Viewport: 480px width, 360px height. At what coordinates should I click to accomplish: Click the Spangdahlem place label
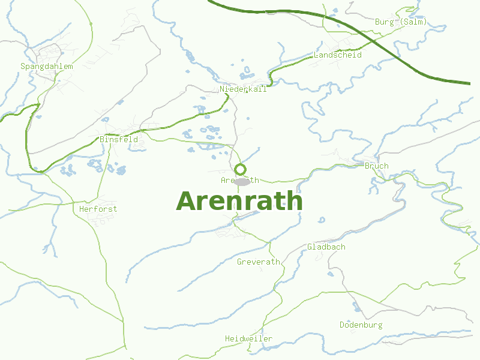[47, 67]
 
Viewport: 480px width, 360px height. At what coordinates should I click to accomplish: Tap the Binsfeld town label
[119, 140]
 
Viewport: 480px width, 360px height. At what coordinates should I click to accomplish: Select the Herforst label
[98, 209]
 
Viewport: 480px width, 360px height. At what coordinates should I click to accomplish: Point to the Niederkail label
[243, 89]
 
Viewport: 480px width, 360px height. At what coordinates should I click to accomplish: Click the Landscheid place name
[338, 55]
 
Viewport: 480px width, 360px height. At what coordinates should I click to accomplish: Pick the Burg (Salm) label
[401, 22]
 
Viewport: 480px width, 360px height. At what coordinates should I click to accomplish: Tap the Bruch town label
[377, 166]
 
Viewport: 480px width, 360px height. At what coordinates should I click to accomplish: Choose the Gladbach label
[326, 247]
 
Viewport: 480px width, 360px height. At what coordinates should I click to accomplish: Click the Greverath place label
[259, 262]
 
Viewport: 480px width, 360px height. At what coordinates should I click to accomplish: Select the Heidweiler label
[248, 339]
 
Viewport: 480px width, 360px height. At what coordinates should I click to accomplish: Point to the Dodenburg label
[361, 325]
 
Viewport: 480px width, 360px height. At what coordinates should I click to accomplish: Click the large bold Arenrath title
[239, 202]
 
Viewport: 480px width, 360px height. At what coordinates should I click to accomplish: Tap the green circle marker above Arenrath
[241, 169]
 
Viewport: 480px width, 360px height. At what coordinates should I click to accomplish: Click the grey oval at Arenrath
[242, 182]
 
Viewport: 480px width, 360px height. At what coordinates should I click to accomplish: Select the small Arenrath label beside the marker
[240, 181]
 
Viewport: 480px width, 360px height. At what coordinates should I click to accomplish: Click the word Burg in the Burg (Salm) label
[385, 22]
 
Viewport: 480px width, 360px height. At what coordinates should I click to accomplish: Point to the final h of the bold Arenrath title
[294, 202]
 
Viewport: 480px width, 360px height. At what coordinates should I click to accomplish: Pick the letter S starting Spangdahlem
[23, 67]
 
